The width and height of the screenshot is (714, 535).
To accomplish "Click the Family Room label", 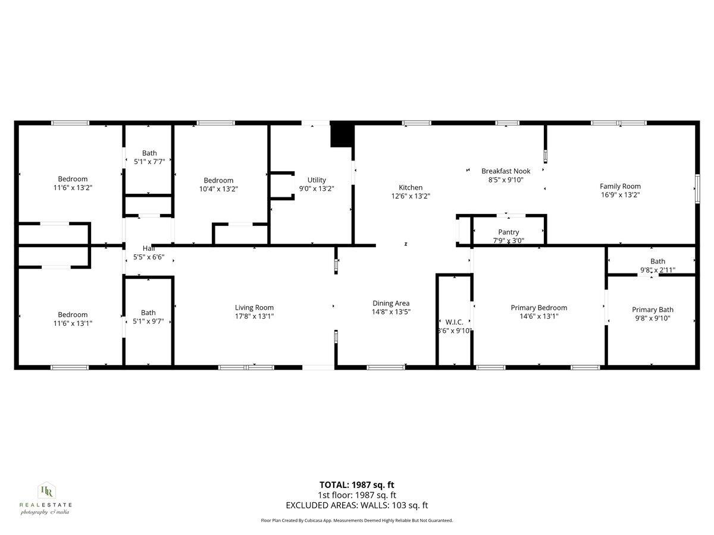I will pos(620,186).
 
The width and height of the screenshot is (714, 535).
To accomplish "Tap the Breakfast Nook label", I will pos(505,171).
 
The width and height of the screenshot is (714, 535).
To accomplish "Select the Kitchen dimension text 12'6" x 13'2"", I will pos(411,196).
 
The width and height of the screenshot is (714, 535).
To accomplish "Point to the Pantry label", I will pos(508,232).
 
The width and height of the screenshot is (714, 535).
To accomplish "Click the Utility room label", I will pos(317,180).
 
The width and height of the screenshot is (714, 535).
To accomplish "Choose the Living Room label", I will pos(254,307).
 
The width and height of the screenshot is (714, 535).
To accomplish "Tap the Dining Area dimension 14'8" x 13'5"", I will pos(391,311).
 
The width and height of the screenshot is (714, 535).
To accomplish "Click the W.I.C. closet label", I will pos(454,322).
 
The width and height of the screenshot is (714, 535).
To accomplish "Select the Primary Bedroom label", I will pos(538,307).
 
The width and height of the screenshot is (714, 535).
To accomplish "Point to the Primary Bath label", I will pos(652,309).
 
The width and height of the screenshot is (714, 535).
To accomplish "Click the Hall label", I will pos(148,248).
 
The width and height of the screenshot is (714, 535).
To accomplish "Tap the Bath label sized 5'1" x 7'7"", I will pos(149,153).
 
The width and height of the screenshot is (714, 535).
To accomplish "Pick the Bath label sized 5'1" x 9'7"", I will pos(148,312).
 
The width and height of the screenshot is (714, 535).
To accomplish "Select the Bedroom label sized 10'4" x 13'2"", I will pos(218,180).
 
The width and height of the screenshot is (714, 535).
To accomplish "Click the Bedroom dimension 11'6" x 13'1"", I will pos(73,323).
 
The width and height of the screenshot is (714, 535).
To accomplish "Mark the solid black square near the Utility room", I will pos(342,135).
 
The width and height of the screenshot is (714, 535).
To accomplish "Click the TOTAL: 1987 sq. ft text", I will pos(356,484).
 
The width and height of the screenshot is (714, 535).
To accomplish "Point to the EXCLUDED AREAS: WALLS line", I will pos(356,506).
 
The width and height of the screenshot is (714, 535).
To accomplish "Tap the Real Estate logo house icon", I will pos(46,491).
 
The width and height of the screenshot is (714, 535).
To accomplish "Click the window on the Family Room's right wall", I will pos(697,190).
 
